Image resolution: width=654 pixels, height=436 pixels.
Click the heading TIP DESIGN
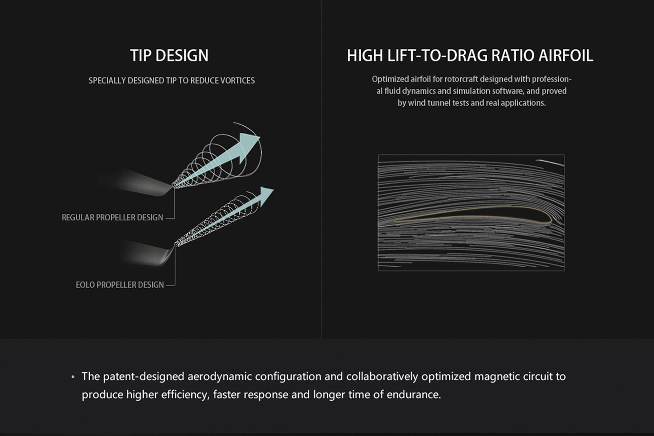169,55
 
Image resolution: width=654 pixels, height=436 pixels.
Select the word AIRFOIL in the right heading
566,55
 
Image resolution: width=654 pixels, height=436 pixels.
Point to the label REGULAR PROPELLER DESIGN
112,217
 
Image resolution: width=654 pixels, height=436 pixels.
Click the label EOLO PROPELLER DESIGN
120,285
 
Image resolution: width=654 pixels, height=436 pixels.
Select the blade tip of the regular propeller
172,185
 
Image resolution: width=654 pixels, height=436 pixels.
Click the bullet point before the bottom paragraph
73,377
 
